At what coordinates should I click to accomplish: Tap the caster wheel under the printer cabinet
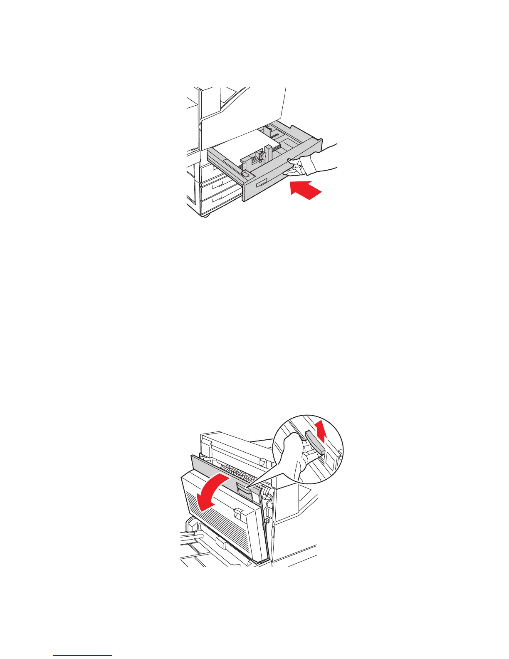205,216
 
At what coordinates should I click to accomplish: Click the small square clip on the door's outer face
238,512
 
